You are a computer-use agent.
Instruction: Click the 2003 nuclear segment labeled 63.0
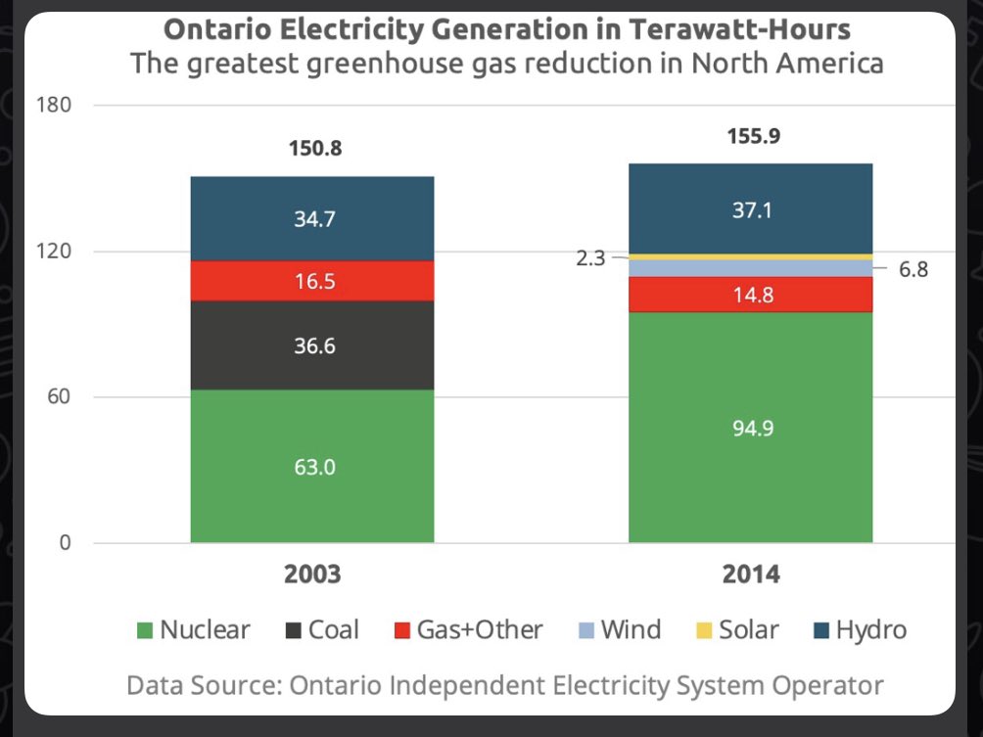[312, 467]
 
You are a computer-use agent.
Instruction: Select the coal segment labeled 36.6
[312, 345]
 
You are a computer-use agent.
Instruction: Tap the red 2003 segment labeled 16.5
[312, 282]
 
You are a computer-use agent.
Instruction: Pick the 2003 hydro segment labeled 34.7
[312, 219]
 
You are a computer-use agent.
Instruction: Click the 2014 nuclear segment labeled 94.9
[750, 428]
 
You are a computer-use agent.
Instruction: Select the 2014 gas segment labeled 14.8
[750, 295]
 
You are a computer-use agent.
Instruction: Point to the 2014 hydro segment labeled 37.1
[750, 209]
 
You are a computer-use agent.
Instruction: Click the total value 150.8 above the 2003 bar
[314, 150]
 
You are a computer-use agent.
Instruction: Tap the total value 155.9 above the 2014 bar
[753, 137]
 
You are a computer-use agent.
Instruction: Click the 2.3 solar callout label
[591, 258]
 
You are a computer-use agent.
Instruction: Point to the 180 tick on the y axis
[55, 105]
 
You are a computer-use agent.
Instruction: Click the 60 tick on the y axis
[59, 396]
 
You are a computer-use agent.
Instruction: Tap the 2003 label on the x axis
[312, 575]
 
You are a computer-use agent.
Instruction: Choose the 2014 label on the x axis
[751, 575]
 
